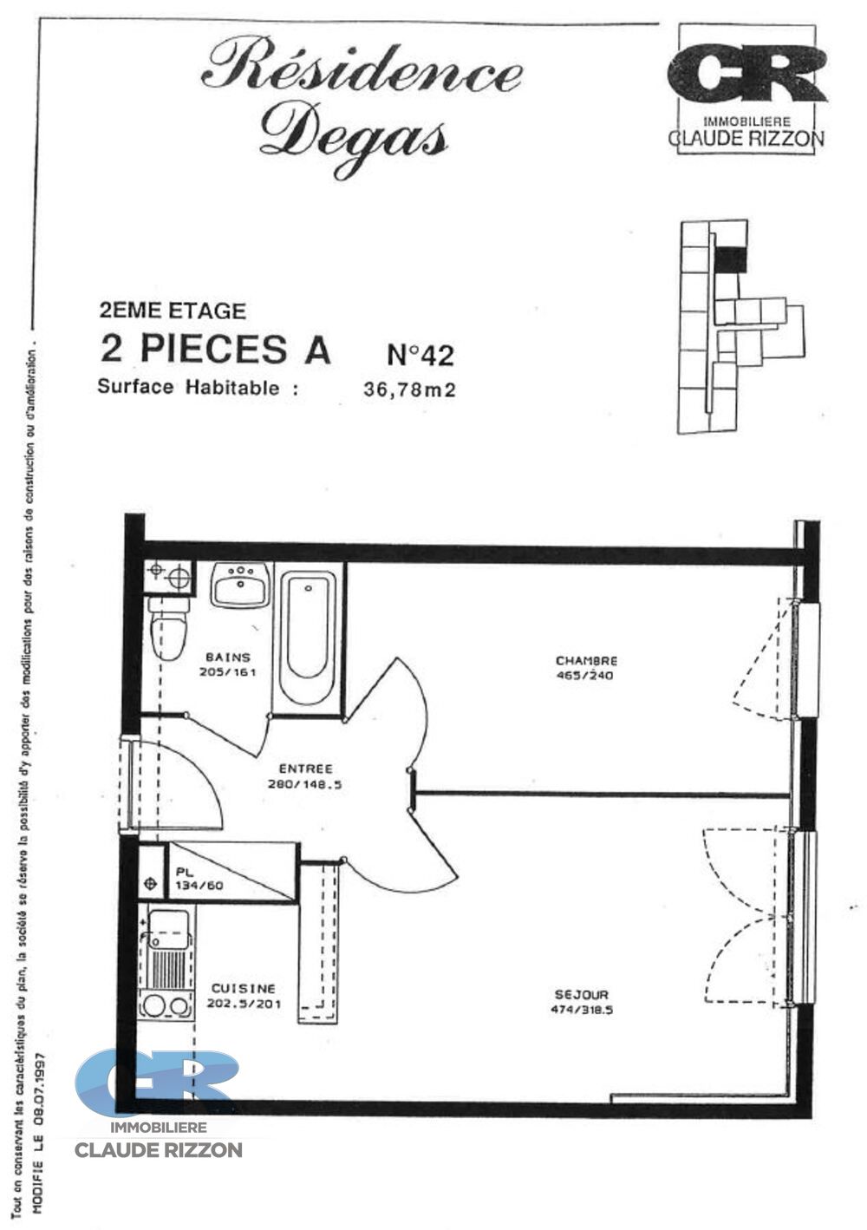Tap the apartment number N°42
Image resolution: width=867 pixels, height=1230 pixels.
[x=420, y=355]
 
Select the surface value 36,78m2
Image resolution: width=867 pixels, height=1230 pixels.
[x=409, y=390]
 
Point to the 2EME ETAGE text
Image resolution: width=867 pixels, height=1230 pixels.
[x=173, y=311]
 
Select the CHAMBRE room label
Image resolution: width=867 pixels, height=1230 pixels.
[x=586, y=661]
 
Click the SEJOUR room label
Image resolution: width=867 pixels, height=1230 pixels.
[x=582, y=995]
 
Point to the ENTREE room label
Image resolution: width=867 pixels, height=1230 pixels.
[x=305, y=769]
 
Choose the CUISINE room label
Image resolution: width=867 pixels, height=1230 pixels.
[x=243, y=989]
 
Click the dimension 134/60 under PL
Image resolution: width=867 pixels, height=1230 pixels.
[x=199, y=886]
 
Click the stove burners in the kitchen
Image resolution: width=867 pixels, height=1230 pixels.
[x=167, y=1005]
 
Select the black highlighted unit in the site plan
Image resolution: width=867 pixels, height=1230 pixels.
[x=730, y=258]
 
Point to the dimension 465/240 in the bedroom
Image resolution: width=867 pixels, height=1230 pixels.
[x=584, y=676]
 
